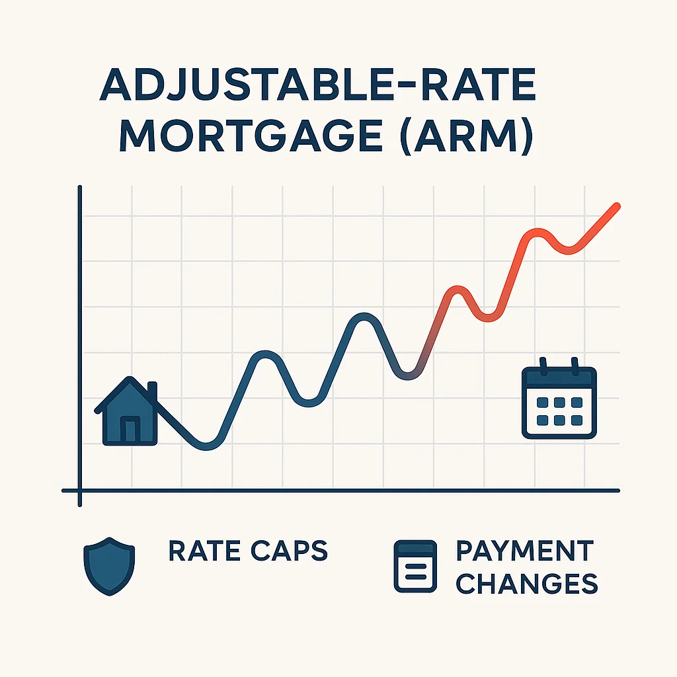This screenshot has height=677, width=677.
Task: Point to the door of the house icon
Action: pyautogui.click(x=130, y=431)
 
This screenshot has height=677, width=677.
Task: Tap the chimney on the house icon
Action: pyautogui.click(x=153, y=390)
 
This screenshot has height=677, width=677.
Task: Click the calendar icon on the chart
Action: pyautogui.click(x=559, y=399)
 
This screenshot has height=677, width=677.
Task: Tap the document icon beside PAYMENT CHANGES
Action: pyautogui.click(x=415, y=566)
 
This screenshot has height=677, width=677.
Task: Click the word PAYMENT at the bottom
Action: pyautogui.click(x=525, y=551)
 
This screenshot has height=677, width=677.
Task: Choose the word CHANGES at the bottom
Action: pyautogui.click(x=528, y=583)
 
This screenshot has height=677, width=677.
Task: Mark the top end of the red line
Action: pyautogui.click(x=617, y=206)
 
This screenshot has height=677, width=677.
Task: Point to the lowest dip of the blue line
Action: pyautogui.click(x=206, y=446)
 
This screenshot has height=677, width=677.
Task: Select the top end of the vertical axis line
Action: pyautogui.click(x=79, y=188)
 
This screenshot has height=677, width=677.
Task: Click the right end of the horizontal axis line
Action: pyautogui.click(x=618, y=491)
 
